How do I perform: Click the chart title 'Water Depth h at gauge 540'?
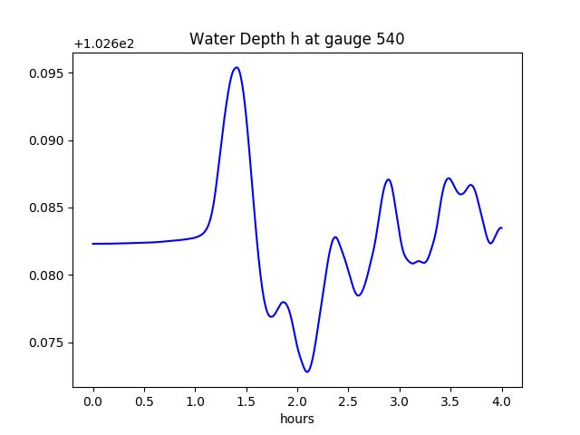(x=296, y=39)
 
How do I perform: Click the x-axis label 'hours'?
(x=297, y=419)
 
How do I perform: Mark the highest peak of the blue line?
(x=237, y=67)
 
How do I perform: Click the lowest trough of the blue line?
(x=307, y=372)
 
